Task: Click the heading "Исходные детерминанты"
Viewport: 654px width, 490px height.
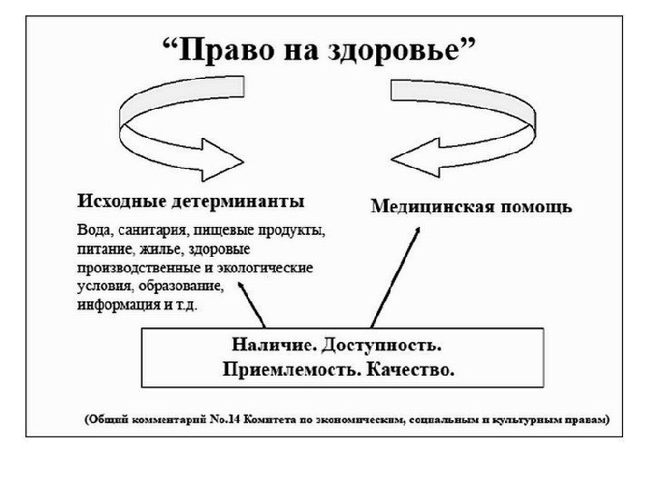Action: [190, 200]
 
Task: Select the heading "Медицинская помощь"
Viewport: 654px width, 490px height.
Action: [471, 206]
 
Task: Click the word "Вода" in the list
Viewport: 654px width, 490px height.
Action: [94, 230]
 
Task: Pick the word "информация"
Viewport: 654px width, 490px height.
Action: [114, 306]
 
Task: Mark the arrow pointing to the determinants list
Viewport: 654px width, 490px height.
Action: [252, 304]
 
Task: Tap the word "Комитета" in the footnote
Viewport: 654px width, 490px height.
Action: [310, 420]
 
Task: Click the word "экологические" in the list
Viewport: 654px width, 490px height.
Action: [270, 268]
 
